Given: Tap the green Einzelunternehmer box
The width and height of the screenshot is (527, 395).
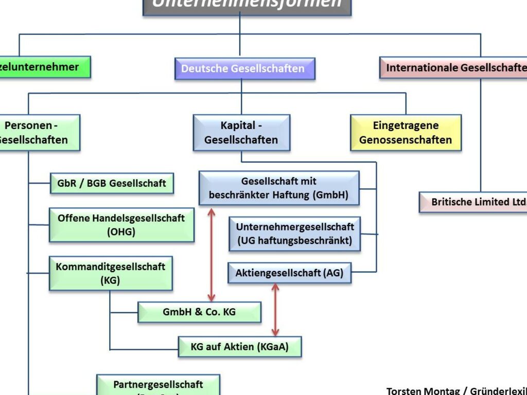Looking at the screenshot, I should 44,67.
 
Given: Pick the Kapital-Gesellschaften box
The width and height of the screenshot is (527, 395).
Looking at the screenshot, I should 241,132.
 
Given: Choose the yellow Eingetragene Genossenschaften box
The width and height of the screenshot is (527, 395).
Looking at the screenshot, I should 406,132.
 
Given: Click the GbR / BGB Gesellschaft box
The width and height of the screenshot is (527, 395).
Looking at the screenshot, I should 112,183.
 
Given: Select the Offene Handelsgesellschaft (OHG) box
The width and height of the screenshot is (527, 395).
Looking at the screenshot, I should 121,225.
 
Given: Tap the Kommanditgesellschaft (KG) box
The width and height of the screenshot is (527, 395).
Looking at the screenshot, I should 111,274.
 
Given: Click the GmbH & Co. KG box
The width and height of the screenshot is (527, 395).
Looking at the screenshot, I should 199,312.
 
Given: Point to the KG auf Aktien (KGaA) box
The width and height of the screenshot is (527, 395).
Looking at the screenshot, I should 239,347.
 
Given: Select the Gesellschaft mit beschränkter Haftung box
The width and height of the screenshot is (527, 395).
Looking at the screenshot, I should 278,188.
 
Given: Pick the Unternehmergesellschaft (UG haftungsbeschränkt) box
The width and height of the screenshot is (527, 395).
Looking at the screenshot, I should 294,234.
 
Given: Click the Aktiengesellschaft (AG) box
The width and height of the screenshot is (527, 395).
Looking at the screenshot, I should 289,273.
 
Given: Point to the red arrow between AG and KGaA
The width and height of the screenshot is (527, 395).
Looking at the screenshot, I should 275,310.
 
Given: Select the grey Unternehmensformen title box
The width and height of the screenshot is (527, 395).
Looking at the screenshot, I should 247,5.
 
